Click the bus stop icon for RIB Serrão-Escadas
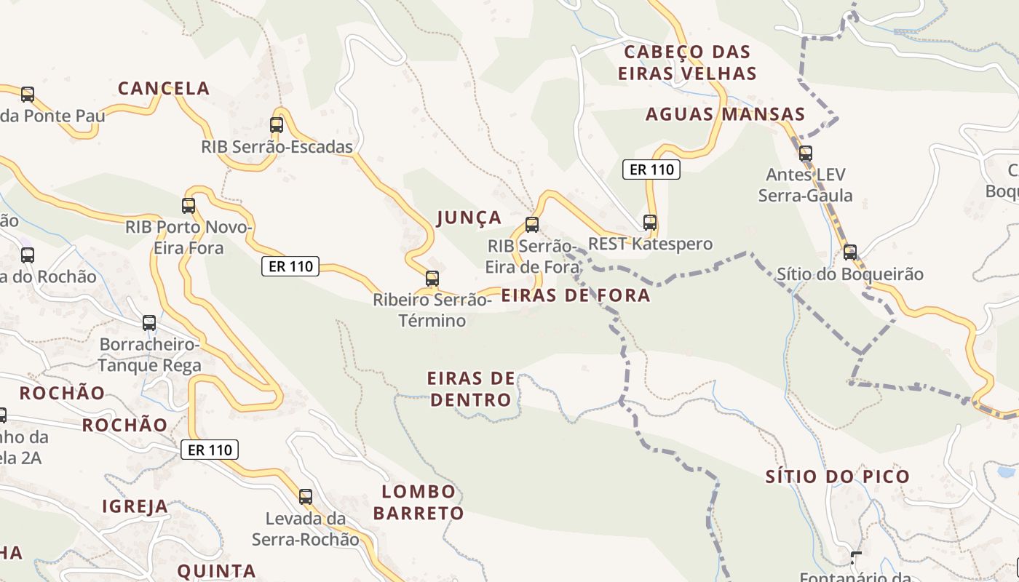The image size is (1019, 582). [277, 125]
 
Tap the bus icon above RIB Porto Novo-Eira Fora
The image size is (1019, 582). [189, 206]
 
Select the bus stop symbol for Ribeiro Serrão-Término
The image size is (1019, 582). [432, 279]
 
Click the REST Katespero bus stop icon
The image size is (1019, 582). [650, 223]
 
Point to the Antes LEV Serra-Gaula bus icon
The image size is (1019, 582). [806, 154]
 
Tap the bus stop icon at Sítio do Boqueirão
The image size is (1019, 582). [850, 253]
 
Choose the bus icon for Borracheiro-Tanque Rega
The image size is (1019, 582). [149, 323]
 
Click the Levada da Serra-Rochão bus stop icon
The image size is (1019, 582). [306, 497]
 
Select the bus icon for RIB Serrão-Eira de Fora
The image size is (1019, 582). [532, 225]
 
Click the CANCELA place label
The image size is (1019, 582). [164, 89]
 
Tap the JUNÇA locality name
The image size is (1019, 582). [469, 218]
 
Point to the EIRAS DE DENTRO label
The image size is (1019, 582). [471, 389]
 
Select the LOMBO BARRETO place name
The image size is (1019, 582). [419, 502]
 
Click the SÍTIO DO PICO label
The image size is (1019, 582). [838, 477]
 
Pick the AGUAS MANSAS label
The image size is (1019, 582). [726, 114]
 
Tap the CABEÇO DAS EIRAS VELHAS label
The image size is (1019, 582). [687, 63]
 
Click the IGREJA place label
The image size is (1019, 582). [135, 506]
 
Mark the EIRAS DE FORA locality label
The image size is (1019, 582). [576, 295]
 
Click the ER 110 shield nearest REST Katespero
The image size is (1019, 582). [651, 170]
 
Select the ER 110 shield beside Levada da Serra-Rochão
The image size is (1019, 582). [210, 450]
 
